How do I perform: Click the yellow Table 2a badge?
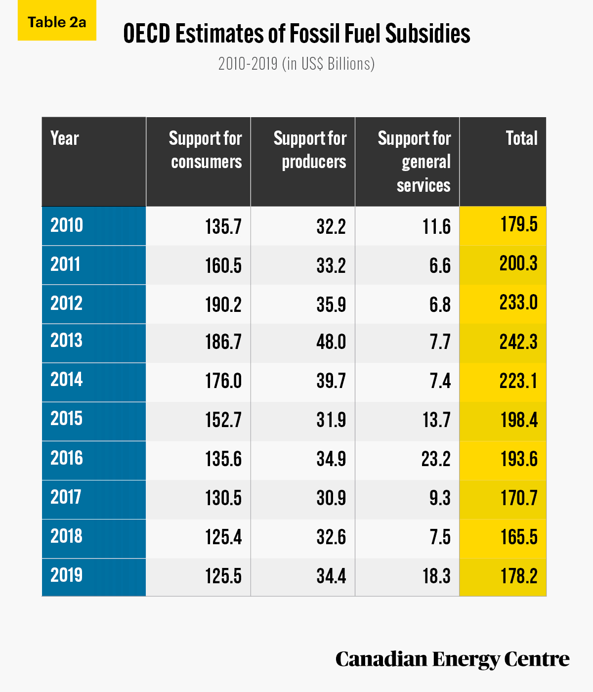pyautogui.click(x=57, y=20)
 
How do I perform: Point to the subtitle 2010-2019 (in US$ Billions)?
pyautogui.click(x=296, y=64)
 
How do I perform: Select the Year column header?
pyautogui.click(x=65, y=138)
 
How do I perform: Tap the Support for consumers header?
pyautogui.click(x=206, y=150)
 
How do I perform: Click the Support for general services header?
pyautogui.click(x=414, y=161)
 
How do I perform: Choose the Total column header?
pyautogui.click(x=521, y=138)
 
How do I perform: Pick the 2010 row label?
pyautogui.click(x=67, y=225)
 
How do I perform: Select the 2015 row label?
pyautogui.click(x=66, y=419)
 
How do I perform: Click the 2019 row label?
pyautogui.click(x=66, y=575)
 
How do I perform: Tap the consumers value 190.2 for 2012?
pyautogui.click(x=223, y=305)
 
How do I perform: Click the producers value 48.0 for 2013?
pyautogui.click(x=331, y=342)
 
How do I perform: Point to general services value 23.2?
pyautogui.click(x=436, y=459)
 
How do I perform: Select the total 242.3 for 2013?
pyautogui.click(x=518, y=342)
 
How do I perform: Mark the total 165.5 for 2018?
pyautogui.click(x=519, y=537)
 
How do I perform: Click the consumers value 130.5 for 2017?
pyautogui.click(x=223, y=498)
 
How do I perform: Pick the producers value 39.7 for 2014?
pyautogui.click(x=331, y=381)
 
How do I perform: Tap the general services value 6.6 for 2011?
pyautogui.click(x=440, y=266)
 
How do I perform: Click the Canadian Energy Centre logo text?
pyautogui.click(x=453, y=659)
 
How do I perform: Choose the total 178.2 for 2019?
pyautogui.click(x=519, y=576)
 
